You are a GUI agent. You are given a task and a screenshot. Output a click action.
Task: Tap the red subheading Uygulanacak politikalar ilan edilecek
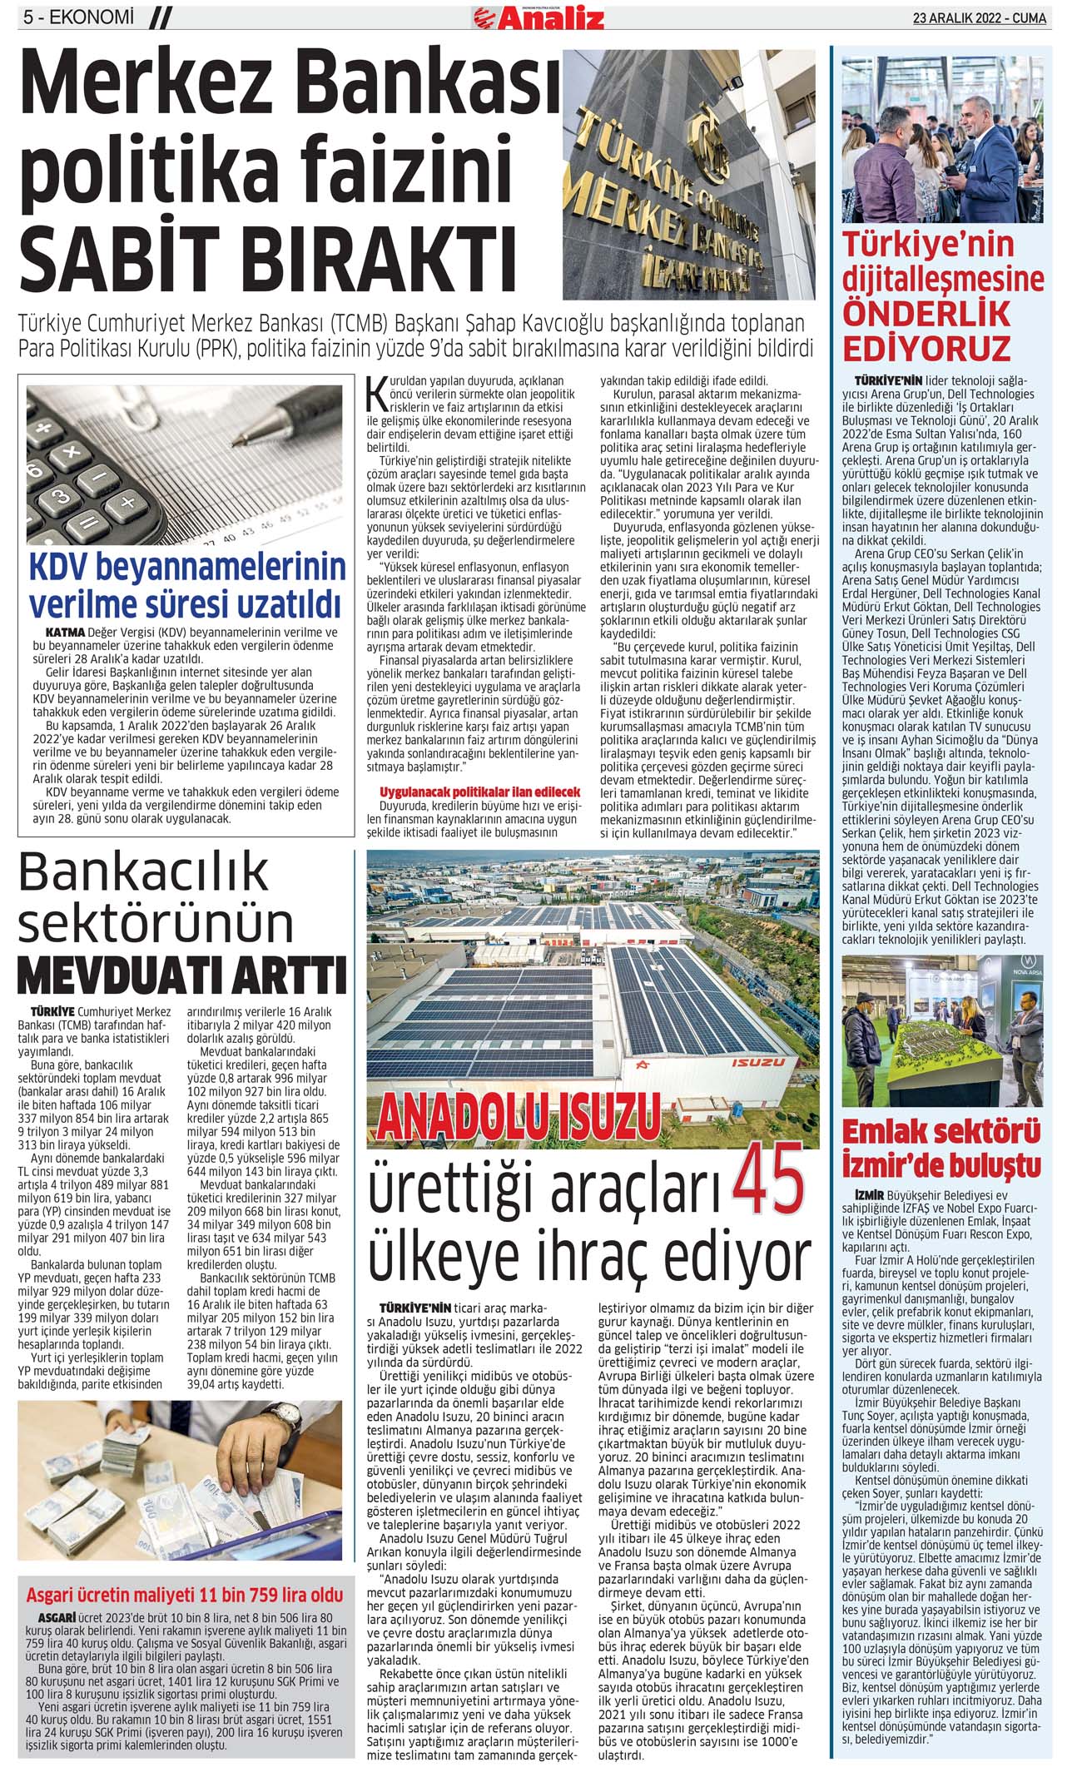pyautogui.click(x=479, y=792)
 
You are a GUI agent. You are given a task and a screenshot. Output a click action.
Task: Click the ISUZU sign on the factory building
pyautogui.click(x=757, y=1063)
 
